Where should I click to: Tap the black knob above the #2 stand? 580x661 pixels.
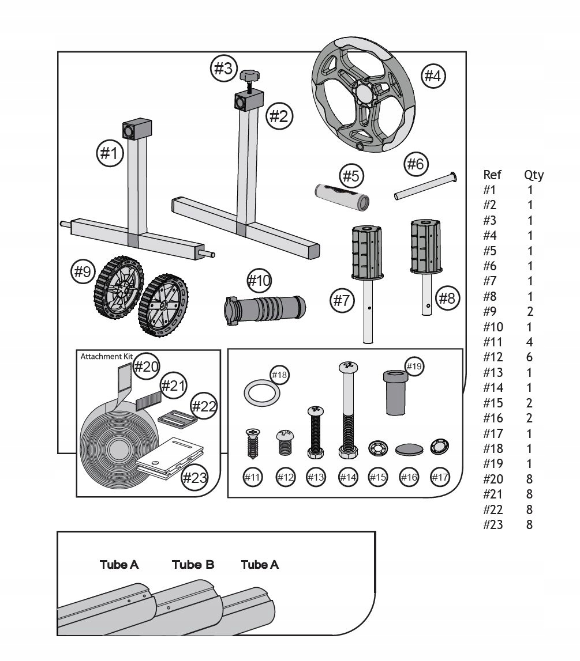[249, 75]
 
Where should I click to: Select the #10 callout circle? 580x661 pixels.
[259, 281]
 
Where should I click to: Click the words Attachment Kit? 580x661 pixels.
[102, 357]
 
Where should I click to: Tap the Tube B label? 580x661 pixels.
[193, 565]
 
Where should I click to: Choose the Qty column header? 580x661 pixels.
[533, 175]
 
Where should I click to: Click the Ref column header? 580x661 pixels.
[492, 175]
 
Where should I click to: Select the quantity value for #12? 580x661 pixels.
[529, 357]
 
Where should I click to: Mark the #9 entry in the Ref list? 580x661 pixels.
[489, 312]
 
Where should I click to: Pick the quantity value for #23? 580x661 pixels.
[529, 525]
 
